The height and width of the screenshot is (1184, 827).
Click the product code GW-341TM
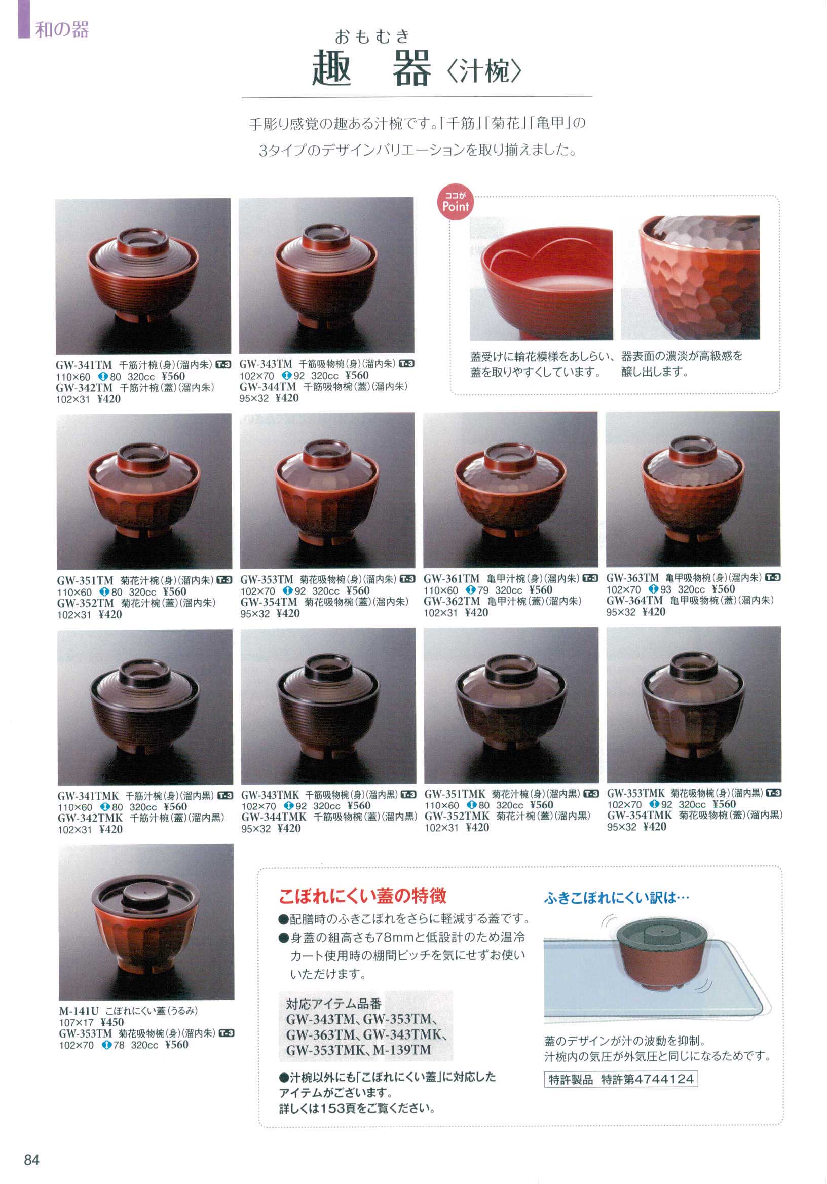coord(84,365)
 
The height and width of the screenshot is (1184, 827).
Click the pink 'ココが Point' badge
coord(455,203)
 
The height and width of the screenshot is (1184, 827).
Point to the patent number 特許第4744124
coord(648,1079)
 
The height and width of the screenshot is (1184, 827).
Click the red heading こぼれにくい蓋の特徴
coord(362,896)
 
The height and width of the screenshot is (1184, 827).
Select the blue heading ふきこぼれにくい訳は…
coord(616,898)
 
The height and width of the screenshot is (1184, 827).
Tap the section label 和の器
coord(62,29)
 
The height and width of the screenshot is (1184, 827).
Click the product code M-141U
coord(79,1011)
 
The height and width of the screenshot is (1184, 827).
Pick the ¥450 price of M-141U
coord(112,1022)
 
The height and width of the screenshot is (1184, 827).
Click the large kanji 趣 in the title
coord(332,68)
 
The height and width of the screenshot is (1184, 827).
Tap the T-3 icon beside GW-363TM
coord(772,578)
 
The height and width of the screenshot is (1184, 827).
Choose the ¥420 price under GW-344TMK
coord(289,828)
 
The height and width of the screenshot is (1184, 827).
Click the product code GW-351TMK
coord(455,794)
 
